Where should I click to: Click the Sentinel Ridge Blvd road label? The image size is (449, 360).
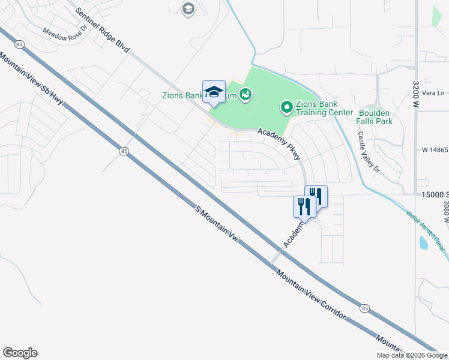103,34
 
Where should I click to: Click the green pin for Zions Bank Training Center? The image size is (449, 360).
287,108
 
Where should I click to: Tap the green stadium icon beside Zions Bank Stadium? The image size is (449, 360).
245,94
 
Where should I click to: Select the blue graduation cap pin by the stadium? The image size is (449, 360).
214,92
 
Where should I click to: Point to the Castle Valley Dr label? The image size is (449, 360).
369,153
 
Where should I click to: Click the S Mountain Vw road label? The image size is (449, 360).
217,225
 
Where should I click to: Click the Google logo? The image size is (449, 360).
20,353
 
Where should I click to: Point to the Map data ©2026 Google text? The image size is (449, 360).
412,355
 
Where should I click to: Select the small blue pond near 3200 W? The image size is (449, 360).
424,243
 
